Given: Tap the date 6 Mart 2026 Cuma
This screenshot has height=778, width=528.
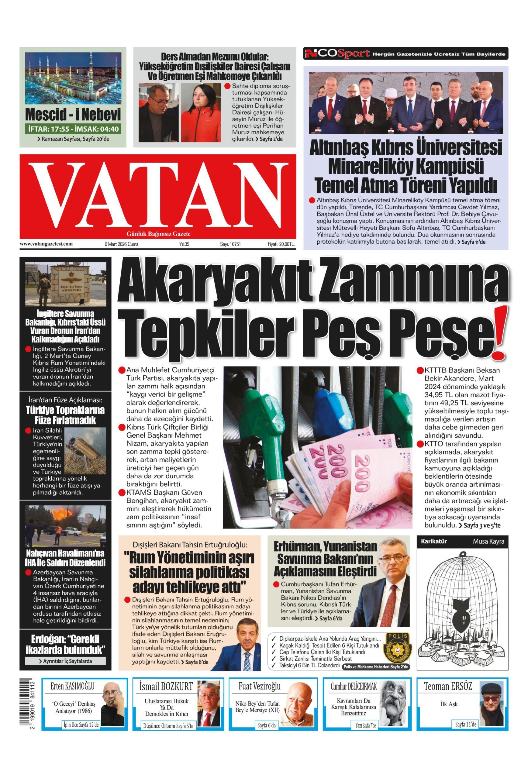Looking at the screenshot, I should point(121,244).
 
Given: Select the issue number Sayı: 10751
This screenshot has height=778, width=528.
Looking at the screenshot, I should point(230,244).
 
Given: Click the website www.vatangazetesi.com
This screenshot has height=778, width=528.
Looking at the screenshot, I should point(46,244).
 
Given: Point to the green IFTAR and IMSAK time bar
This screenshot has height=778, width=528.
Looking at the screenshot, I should point(73,129).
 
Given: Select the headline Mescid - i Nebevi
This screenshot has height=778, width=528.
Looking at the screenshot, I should point(73,115).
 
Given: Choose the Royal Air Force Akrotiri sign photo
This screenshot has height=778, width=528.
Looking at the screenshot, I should point(66,284).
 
